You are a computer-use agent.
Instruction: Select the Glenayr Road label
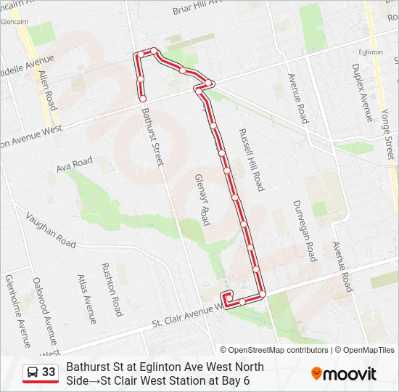(x=203, y=199)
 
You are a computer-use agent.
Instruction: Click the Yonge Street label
(x=386, y=130)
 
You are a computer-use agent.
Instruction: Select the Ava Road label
(x=75, y=165)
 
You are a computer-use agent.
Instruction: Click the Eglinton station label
(x=371, y=53)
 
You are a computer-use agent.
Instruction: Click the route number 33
(x=49, y=372)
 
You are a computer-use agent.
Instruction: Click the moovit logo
(x=344, y=374)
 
